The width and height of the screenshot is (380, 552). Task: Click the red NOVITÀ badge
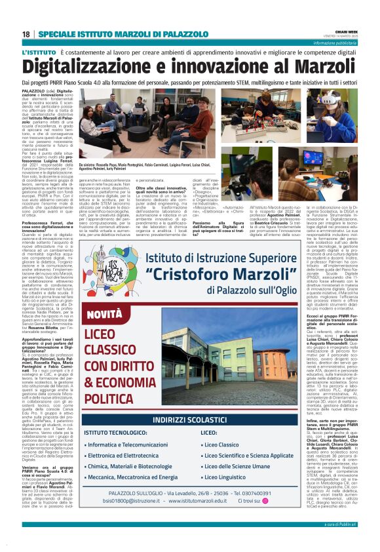[x=105, y=315]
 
